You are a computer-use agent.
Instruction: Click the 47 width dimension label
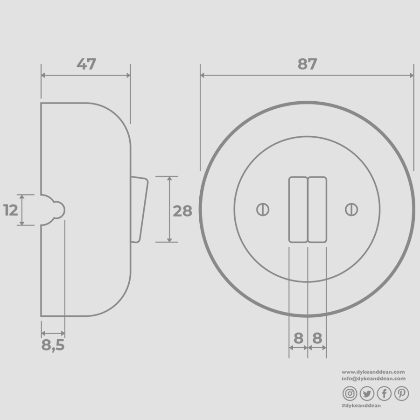point(86,64)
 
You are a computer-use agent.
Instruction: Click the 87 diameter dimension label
point(307,64)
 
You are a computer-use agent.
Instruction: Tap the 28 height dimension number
point(182,211)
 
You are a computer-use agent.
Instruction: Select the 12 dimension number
point(11,210)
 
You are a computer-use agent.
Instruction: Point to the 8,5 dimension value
point(53,346)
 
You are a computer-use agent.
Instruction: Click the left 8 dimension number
point(299,338)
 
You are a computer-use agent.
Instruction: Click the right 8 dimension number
point(317,338)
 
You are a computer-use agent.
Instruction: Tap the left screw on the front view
point(263,210)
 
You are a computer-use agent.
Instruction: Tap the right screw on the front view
point(351,210)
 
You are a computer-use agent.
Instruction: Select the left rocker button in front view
point(298,210)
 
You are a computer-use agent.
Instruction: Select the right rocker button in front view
point(317,210)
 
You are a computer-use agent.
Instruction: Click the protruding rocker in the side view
point(139,210)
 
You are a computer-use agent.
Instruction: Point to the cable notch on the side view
point(54,210)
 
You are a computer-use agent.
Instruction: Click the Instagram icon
point(350,394)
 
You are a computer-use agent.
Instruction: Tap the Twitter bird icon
point(367,394)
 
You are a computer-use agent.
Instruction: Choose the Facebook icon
point(384,394)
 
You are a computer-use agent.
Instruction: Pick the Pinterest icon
point(401,394)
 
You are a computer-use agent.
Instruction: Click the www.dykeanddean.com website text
point(373,372)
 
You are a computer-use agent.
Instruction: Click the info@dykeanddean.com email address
point(373,379)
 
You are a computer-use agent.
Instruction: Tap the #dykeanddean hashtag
point(361,406)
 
